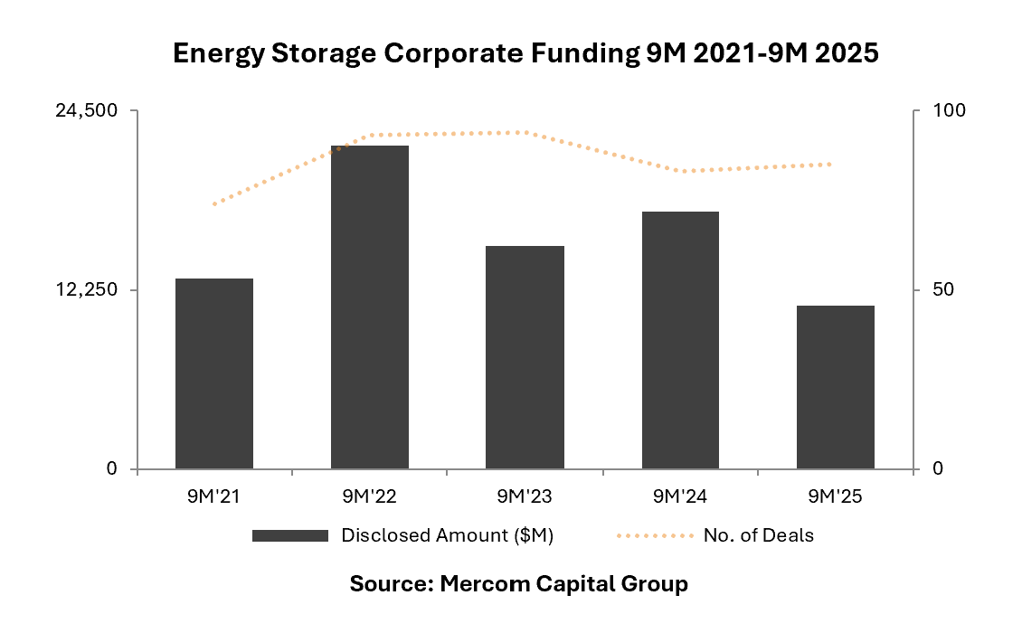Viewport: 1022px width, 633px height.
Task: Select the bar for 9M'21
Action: tap(214, 373)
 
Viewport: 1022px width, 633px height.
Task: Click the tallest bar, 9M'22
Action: tap(370, 307)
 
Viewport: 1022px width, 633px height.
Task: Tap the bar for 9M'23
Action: tap(525, 357)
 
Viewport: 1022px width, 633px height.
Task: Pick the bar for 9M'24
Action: tap(680, 340)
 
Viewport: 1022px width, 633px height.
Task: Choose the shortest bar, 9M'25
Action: tap(836, 387)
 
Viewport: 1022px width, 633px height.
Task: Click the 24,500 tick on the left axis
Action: tap(87, 110)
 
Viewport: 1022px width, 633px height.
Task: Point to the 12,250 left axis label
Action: tap(87, 289)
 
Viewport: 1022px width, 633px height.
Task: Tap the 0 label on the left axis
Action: tap(112, 468)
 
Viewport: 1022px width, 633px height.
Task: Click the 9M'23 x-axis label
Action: tap(525, 496)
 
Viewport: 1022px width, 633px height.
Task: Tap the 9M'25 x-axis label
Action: tap(836, 496)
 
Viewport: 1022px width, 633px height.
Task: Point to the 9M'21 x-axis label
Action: tap(214, 496)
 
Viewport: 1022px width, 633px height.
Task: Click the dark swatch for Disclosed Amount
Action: tap(289, 535)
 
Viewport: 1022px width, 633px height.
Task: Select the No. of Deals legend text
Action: tap(758, 535)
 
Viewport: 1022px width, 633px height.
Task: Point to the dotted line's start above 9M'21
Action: tap(214, 204)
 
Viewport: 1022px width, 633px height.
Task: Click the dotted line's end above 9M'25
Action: tap(831, 164)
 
